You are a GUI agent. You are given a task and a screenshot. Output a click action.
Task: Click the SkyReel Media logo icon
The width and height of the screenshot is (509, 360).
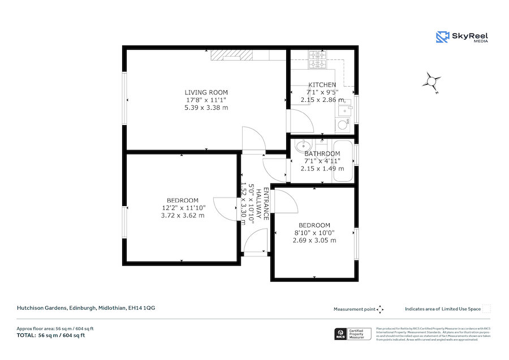coord(442,37)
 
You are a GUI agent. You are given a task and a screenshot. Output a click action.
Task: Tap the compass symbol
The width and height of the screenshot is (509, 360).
coord(431,82)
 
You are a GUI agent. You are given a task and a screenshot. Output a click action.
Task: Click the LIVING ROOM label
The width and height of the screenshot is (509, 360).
coord(206,92)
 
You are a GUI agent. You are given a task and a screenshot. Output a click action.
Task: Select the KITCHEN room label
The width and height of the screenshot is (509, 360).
coord(322,85)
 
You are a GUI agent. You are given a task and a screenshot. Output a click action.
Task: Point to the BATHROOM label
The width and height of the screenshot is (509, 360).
coord(322,154)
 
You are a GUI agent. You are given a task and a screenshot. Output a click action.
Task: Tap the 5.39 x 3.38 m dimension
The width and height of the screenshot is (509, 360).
coord(206,108)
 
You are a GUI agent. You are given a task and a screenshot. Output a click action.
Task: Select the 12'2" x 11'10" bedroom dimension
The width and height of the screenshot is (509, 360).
coord(183,208)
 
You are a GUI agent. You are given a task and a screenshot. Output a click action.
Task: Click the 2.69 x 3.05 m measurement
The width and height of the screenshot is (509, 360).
coord(314,240)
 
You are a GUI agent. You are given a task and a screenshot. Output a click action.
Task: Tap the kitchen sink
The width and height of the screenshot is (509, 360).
coord(343,124)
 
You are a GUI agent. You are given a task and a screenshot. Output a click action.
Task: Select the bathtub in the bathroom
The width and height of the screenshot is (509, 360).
coord(343,162)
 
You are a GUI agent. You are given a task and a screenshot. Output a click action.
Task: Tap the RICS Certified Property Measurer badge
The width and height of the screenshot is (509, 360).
coord(352,334)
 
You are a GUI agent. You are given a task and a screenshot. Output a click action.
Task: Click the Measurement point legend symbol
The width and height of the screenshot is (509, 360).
coord(381,309)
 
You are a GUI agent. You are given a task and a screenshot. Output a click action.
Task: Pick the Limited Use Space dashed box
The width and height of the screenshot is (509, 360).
coord(486,309)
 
